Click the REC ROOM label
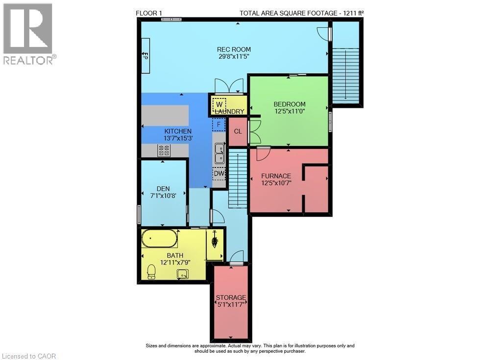click(234, 49)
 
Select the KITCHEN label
click(177, 131)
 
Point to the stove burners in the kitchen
click(164, 151)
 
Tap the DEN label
click(163, 189)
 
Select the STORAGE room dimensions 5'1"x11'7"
click(231, 305)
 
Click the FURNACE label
click(276, 176)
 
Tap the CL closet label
click(238, 131)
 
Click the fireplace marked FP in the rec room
click(146, 55)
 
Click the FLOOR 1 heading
click(148, 13)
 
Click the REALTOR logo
click(28, 34)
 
